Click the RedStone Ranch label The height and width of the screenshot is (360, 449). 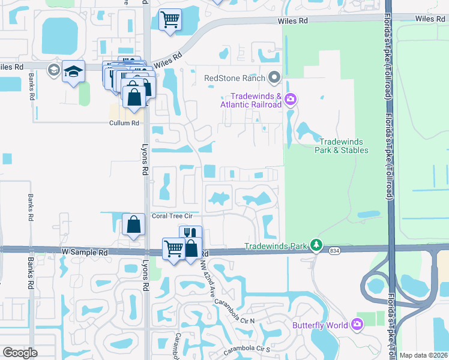tap(235, 77)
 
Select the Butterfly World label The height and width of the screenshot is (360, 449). tap(321, 325)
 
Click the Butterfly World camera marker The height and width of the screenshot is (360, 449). tap(358, 325)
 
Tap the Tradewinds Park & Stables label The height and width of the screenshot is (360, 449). tap(342, 146)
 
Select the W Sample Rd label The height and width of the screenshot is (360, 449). tap(84, 253)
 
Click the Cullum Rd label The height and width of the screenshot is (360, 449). tap(124, 123)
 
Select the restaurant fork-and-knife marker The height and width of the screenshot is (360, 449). tap(190, 233)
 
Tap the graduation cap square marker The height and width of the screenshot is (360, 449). tap(73, 71)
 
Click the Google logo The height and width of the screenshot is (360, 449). tap(20, 353)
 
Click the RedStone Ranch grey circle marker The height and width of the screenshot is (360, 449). tap(275, 77)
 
